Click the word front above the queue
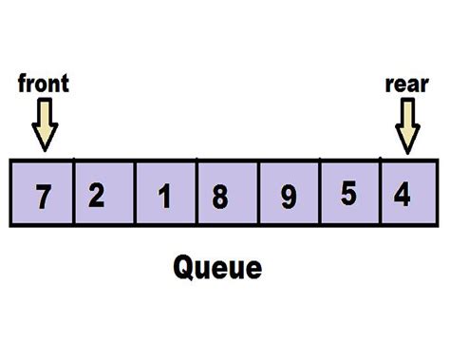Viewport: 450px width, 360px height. [x=44, y=84]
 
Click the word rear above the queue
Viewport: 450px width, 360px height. [x=407, y=84]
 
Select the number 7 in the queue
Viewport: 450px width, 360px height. [x=42, y=197]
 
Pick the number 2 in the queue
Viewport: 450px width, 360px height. [x=96, y=195]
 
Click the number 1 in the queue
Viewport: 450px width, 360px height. [x=164, y=197]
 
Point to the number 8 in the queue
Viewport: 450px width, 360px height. [x=220, y=197]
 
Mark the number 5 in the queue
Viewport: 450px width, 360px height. [x=347, y=194]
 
